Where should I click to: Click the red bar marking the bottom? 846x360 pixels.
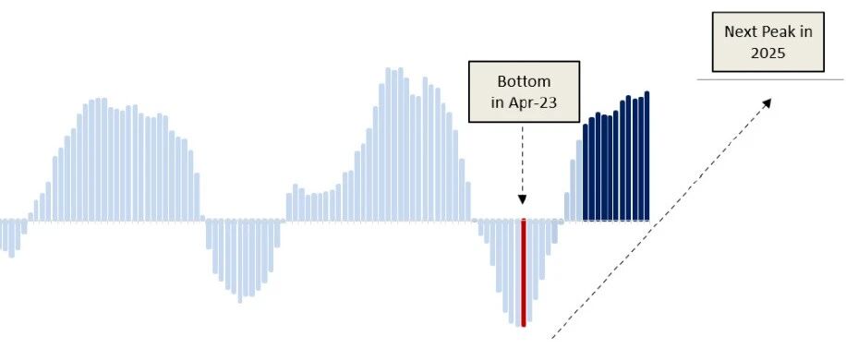pos(524,272)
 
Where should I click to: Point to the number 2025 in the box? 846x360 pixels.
pos(768,54)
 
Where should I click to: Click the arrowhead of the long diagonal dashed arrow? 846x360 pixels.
pos(767,102)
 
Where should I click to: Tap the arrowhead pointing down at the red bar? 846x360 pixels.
pos(522,198)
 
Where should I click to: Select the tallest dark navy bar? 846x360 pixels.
pos(647,156)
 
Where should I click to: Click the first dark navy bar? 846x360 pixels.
pos(586,173)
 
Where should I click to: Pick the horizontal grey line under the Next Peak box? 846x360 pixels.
pos(770,79)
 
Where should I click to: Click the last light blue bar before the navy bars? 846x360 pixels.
pos(579,181)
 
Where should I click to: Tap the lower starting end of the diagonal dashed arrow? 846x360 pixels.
pos(551,338)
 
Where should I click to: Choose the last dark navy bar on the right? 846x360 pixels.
pos(647,156)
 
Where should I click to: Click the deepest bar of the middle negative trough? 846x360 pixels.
pos(239,261)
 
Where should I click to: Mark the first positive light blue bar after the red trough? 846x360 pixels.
pos(567,207)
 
